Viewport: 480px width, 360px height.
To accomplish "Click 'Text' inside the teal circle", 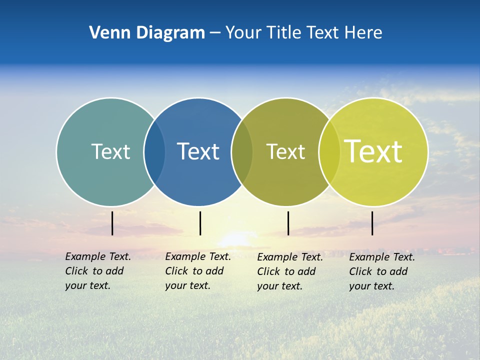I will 110,151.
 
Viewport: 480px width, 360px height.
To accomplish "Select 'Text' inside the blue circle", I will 198,151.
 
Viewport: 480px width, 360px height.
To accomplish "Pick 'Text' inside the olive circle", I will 286,151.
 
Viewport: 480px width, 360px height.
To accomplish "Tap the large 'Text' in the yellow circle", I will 373,151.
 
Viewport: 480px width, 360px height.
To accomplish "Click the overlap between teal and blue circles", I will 154,152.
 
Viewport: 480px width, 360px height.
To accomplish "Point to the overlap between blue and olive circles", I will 242,152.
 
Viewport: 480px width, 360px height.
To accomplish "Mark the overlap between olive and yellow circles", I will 329,152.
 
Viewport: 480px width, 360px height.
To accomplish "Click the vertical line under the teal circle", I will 112,223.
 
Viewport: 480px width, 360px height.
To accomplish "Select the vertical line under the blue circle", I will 200,223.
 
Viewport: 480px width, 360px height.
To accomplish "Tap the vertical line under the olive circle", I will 288,223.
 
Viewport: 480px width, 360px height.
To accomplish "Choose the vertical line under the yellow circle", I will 372,223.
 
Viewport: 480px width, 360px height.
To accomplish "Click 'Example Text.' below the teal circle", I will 98,256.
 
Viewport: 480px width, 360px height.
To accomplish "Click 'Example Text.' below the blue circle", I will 198,256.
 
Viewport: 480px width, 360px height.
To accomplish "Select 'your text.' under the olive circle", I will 279,286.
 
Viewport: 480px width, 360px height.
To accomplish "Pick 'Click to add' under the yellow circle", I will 378,271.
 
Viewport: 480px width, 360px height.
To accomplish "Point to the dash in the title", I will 215,33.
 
